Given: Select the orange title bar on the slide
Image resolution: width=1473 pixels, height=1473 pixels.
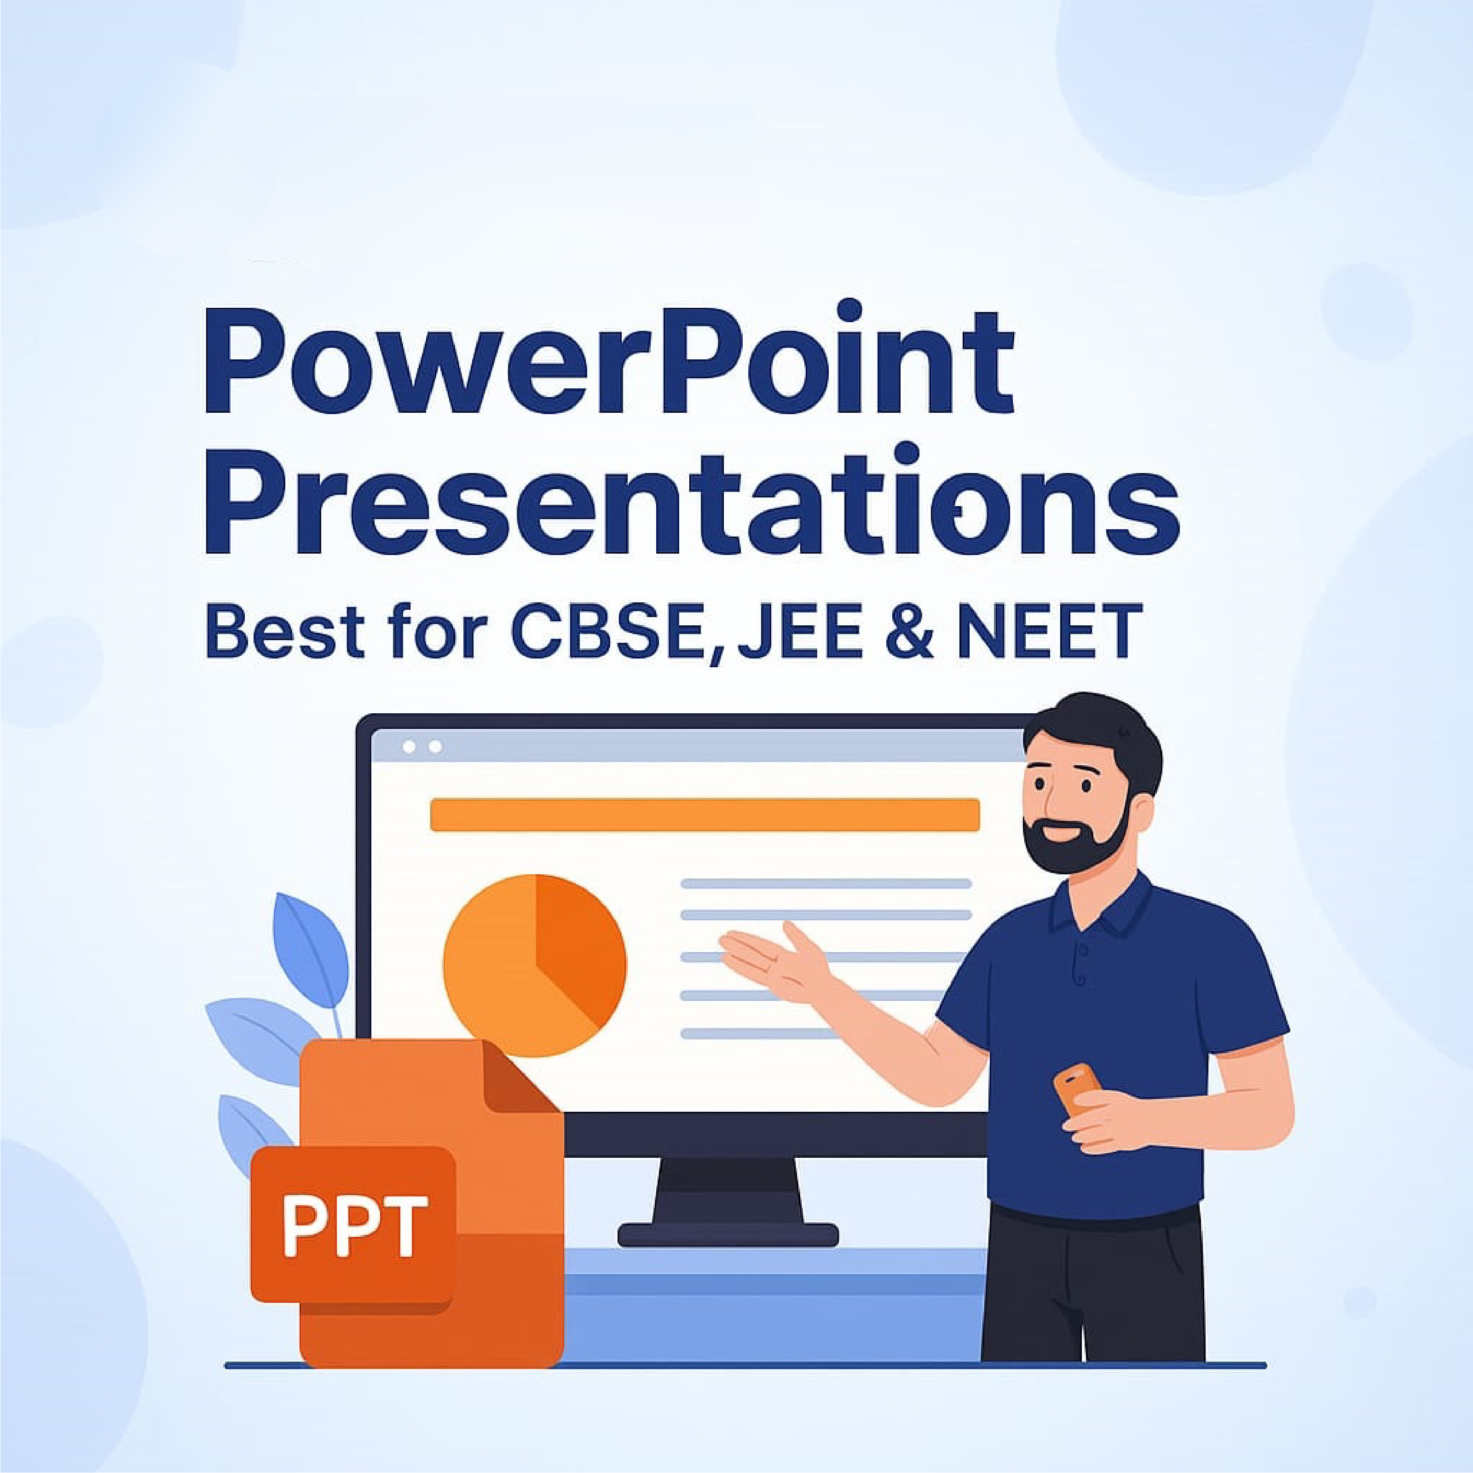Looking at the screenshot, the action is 705,814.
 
